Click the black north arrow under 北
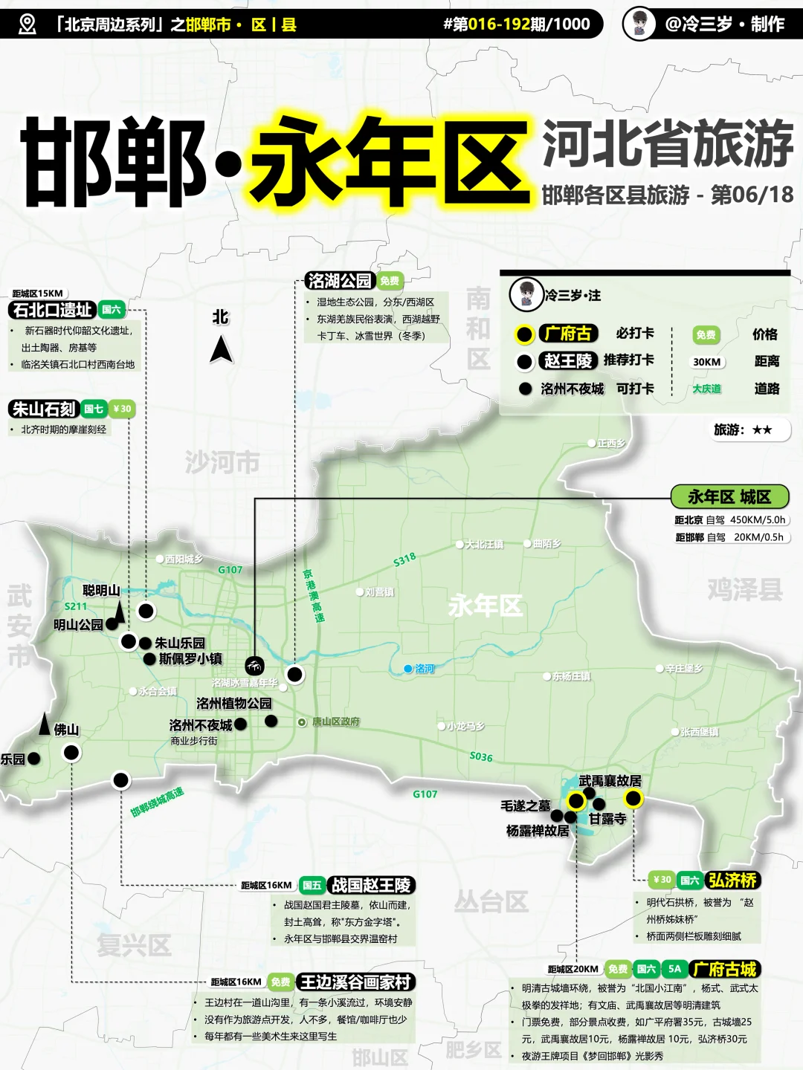[221, 349]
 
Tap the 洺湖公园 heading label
[340, 281]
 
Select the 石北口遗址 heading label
[53, 310]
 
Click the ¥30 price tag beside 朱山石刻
[122, 409]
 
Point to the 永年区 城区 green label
[729, 496]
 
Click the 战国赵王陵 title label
[370, 885]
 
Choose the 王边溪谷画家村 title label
[355, 982]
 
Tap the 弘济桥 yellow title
[732, 881]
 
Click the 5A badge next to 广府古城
[674, 969]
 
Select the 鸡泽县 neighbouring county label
[745, 589]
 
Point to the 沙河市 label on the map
[222, 462]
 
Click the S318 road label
[404, 560]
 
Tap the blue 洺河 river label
[424, 669]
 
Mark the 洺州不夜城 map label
[201, 724]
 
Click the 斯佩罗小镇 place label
[190, 658]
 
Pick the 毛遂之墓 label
[526, 805]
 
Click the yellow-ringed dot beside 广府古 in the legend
[524, 335]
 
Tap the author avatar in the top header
[639, 24]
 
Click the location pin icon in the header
[27, 25]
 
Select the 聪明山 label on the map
[101, 591]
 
